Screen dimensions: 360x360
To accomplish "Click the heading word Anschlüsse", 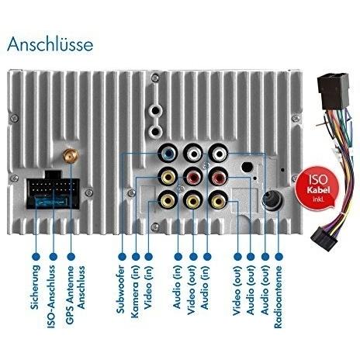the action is tap(50, 44).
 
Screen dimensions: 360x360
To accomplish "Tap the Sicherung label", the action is tap(36, 287).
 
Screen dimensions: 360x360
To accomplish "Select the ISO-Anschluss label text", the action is tap(51, 296).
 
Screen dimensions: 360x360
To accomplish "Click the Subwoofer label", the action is tap(121, 289).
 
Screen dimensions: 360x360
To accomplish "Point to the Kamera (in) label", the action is tap(136, 292).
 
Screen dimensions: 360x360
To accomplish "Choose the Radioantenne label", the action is tap(279, 297).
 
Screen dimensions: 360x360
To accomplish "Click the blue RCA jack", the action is tap(168, 154).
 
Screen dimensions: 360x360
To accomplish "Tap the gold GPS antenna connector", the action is tap(71, 156).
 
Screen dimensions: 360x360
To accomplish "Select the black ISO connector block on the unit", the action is tap(54, 190).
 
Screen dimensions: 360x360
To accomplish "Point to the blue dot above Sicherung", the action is tap(36, 257).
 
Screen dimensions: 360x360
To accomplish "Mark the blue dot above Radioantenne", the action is tap(279, 257).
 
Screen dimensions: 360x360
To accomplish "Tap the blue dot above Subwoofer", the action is tap(122, 257).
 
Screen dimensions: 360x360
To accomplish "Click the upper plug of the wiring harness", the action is tap(333, 91).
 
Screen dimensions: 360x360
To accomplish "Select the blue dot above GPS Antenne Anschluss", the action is tap(71, 257).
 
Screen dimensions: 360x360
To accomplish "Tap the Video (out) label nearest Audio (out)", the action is tap(237, 290).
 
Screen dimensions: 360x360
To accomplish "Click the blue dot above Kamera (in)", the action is tap(136, 257).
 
